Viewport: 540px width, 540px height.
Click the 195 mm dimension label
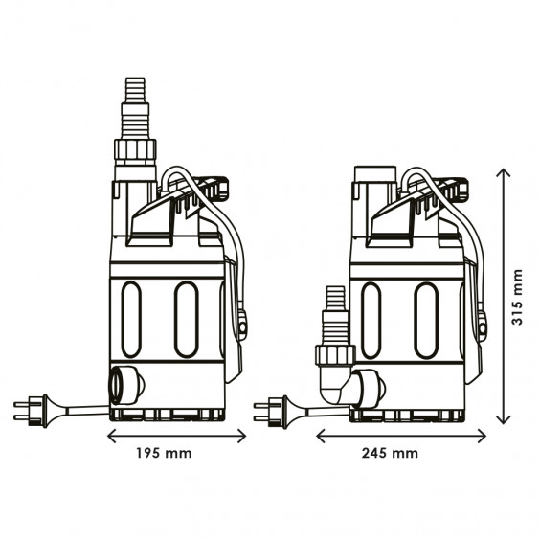164,453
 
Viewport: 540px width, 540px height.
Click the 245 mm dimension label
390,453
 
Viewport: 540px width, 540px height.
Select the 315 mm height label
517,297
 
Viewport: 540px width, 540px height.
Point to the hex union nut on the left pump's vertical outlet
135,151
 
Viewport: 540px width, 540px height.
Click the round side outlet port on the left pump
125,385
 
